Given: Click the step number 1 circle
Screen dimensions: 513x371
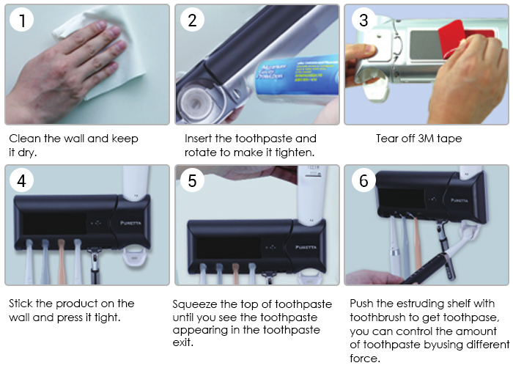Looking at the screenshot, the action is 21,19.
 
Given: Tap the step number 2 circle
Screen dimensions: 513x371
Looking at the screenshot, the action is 192,19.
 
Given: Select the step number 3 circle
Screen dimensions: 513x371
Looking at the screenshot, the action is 363,19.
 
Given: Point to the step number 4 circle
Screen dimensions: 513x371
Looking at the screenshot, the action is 21,180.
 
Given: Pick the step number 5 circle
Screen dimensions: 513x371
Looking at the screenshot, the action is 192,180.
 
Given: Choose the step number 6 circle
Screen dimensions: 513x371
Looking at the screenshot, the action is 363,180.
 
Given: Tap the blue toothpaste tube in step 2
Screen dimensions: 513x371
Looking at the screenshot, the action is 296,80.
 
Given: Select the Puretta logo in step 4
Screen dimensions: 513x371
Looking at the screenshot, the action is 130,223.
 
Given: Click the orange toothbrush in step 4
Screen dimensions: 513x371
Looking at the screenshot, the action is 62,261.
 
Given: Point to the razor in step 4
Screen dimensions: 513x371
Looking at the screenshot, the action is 95,266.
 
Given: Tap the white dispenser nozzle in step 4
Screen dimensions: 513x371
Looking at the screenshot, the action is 136,257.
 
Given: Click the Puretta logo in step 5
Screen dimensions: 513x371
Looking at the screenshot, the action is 306,247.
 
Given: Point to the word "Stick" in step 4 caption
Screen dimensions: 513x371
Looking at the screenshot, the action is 21,304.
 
